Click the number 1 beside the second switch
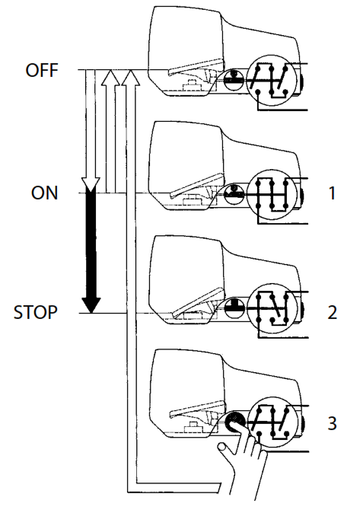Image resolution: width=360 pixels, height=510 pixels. tap(332, 193)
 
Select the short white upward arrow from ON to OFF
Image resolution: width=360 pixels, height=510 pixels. tap(111, 129)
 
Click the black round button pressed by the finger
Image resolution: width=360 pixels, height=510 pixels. tap(231, 421)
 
